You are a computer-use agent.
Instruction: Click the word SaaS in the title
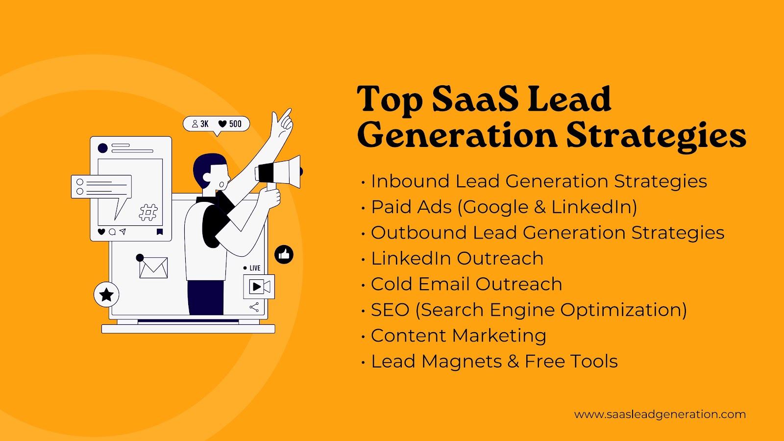tap(475, 99)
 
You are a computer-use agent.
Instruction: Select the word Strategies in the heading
tap(656, 137)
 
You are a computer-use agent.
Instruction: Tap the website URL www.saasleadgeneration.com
tap(660, 415)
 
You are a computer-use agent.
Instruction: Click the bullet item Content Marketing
tap(459, 335)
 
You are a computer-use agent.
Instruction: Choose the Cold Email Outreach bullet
tap(466, 284)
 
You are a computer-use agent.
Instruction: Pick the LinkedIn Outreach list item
tap(457, 258)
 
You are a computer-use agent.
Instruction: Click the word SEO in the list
tap(390, 310)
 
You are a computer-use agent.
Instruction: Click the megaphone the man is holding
tap(279, 172)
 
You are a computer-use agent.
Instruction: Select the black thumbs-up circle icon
tap(284, 254)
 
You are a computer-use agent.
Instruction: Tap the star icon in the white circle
tap(106, 294)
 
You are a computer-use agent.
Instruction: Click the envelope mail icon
tap(153, 268)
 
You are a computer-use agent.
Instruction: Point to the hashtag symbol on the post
tap(148, 212)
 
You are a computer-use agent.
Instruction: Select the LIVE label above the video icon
tap(255, 268)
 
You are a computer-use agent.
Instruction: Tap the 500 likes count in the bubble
tap(235, 123)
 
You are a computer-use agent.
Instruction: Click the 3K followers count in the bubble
tap(204, 123)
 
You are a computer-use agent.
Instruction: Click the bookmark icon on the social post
tap(160, 232)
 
